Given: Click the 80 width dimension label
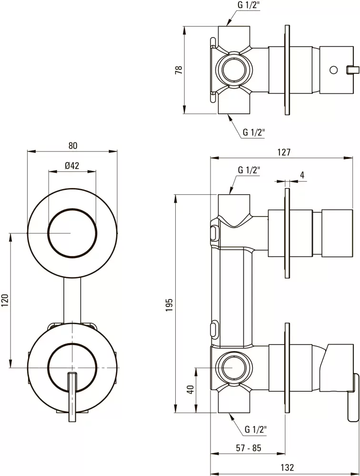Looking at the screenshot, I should [x=72, y=145].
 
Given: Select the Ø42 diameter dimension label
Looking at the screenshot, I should [x=72, y=166].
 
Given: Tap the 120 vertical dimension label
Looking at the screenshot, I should [x=5, y=301].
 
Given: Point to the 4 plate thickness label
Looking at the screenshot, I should [x=301, y=175].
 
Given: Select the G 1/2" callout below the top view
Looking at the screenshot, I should [x=253, y=133].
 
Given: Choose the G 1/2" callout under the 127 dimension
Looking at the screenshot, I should [x=249, y=170].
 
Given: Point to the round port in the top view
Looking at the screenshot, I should [x=233, y=70].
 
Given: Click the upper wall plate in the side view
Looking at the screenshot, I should [x=287, y=233].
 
